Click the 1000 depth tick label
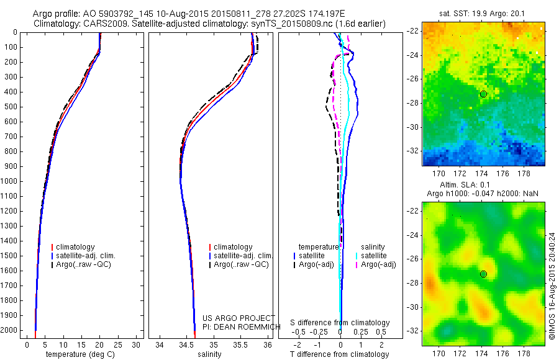[9, 181]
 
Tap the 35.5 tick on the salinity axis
[240, 344]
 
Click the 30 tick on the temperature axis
[137, 344]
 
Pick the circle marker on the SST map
[483, 94]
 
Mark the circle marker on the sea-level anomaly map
[483, 274]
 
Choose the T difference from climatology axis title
[341, 354]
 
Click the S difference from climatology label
[340, 323]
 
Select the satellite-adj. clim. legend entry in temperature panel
[90, 256]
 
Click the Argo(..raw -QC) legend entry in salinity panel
[241, 264]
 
